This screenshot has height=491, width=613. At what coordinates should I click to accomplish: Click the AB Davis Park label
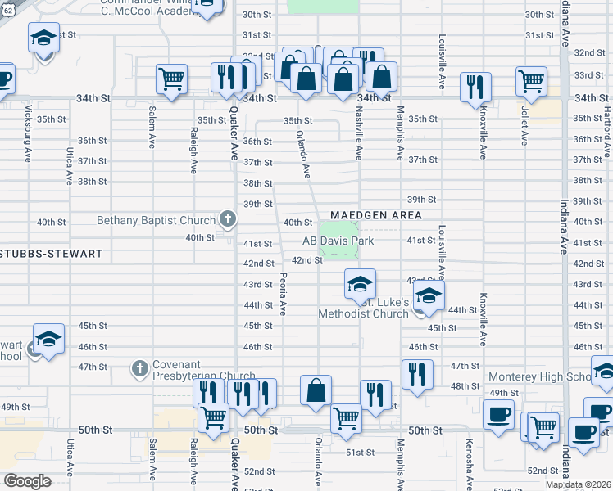click(x=338, y=241)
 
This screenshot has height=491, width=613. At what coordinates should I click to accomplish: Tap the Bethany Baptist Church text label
click(x=156, y=220)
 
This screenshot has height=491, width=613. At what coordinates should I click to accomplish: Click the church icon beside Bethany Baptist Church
click(x=227, y=219)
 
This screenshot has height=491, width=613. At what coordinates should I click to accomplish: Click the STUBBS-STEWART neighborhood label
click(x=52, y=254)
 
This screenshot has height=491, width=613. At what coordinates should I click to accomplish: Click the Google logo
click(x=26, y=480)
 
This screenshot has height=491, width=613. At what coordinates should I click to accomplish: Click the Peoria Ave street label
click(x=283, y=294)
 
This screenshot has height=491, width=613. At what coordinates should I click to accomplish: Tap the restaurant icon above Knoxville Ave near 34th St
click(x=475, y=87)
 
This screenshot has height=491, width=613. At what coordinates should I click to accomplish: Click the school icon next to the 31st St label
click(x=43, y=38)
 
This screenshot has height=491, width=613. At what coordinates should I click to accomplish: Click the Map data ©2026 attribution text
click(x=579, y=484)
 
